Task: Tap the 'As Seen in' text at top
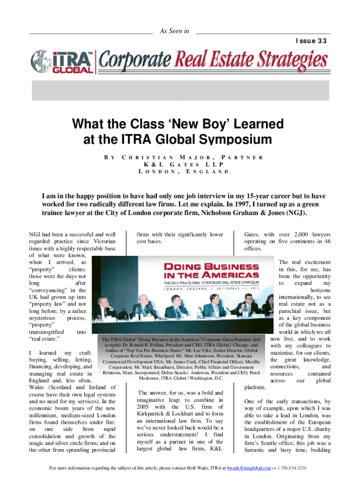[x=174, y=31]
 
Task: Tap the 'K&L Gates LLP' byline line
[x=180, y=165]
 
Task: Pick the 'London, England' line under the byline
[x=180, y=172]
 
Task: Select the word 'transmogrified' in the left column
[x=48, y=332]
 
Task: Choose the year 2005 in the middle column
[x=143, y=407]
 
